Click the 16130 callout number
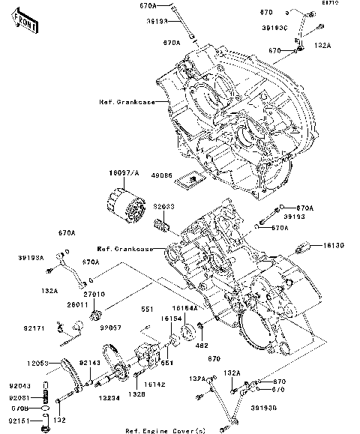point(335,245)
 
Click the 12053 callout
point(37,363)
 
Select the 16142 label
point(154,383)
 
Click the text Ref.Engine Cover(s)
point(164,430)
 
